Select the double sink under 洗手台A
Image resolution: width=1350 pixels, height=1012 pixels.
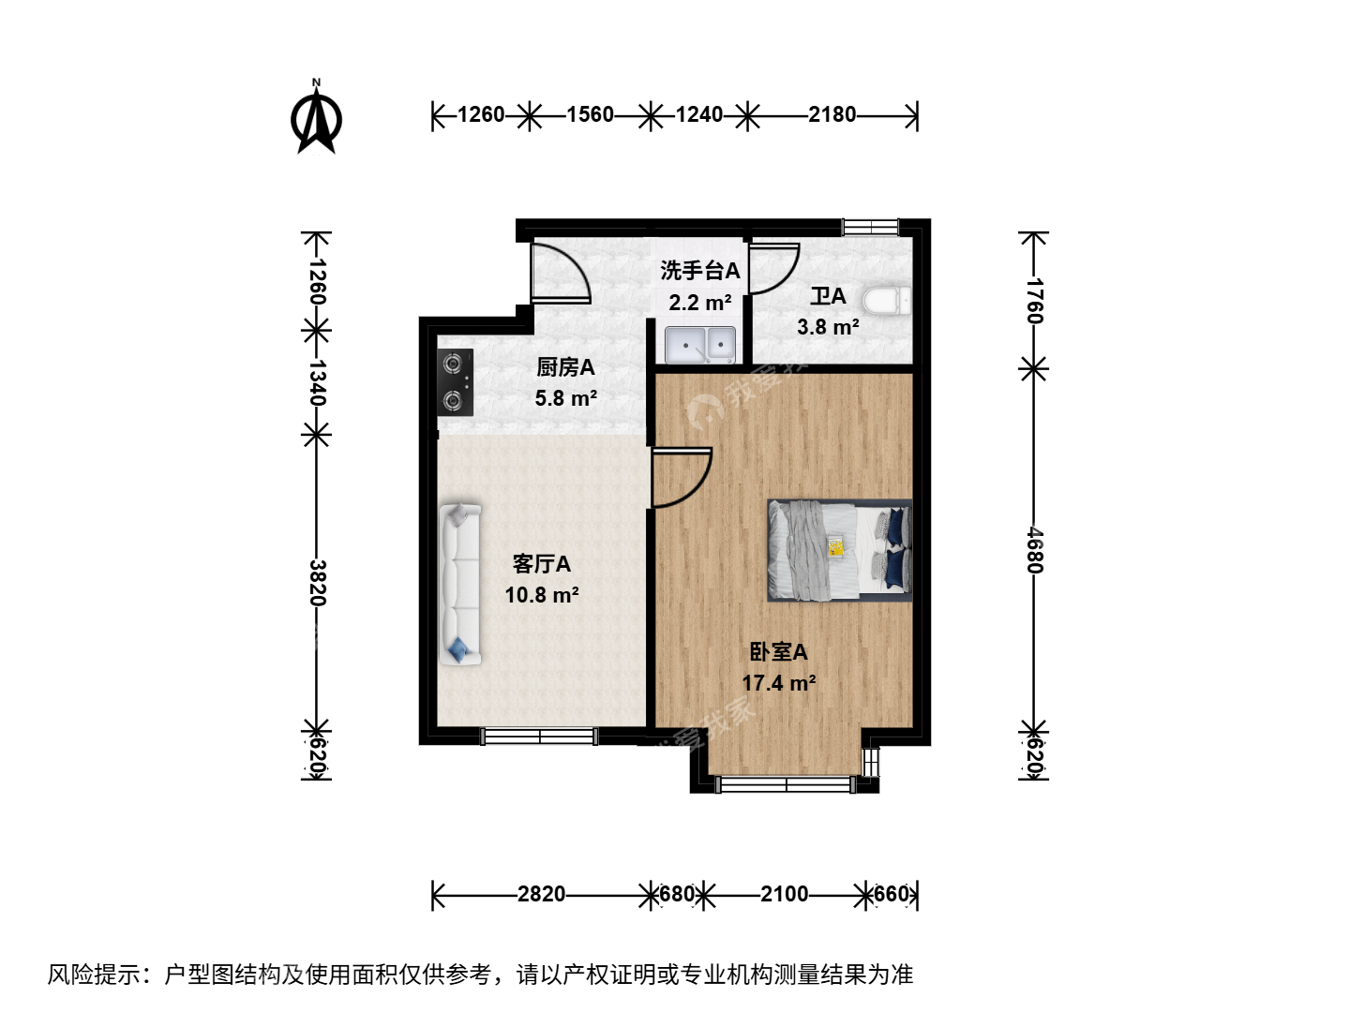(700, 346)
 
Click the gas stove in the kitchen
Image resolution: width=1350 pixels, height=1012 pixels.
(455, 382)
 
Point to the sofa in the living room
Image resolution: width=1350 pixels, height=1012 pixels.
(460, 585)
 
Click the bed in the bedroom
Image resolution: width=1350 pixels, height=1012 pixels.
(839, 550)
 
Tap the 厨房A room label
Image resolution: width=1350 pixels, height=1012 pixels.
(565, 367)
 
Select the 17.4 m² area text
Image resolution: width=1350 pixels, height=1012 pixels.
(779, 683)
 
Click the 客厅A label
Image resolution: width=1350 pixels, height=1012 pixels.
(541, 563)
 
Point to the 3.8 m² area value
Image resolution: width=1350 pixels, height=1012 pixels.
(828, 327)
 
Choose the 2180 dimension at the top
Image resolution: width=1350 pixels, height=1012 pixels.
(832, 115)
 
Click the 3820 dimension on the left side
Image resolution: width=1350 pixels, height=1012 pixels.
(317, 583)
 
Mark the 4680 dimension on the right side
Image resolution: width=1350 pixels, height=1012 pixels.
(1034, 550)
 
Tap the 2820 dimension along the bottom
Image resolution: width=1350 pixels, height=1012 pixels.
(541, 894)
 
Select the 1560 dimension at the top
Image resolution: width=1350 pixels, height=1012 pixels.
(590, 115)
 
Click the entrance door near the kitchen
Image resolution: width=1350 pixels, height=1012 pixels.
(561, 274)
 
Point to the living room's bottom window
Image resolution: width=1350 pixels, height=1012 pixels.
(539, 737)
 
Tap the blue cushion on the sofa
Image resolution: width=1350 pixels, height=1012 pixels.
(458, 648)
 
